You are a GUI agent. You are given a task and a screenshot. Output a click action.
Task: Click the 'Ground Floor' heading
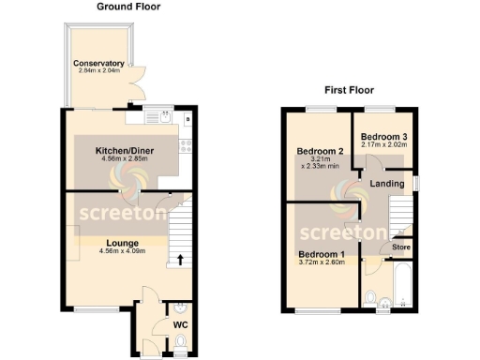[x=128, y=7]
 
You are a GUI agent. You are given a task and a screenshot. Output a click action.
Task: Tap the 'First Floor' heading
[x=349, y=91]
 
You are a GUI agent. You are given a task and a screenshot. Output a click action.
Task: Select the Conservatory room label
[x=99, y=64]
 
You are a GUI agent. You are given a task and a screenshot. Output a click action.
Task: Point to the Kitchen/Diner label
[x=125, y=150]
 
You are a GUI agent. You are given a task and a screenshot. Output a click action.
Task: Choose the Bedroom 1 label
[x=322, y=253]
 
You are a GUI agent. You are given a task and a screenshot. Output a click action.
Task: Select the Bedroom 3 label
[x=383, y=135]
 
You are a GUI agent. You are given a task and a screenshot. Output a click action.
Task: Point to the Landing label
[x=387, y=184]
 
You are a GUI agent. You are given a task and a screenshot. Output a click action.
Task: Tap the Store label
[x=401, y=247]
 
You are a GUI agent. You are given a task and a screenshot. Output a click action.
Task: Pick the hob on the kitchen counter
[x=187, y=145]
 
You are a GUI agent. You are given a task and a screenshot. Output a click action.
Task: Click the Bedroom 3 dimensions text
[x=383, y=144]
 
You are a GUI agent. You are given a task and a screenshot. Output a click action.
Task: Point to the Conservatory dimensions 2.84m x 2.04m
[x=99, y=72]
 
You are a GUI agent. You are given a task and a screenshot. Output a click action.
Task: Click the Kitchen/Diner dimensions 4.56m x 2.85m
[x=125, y=159]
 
